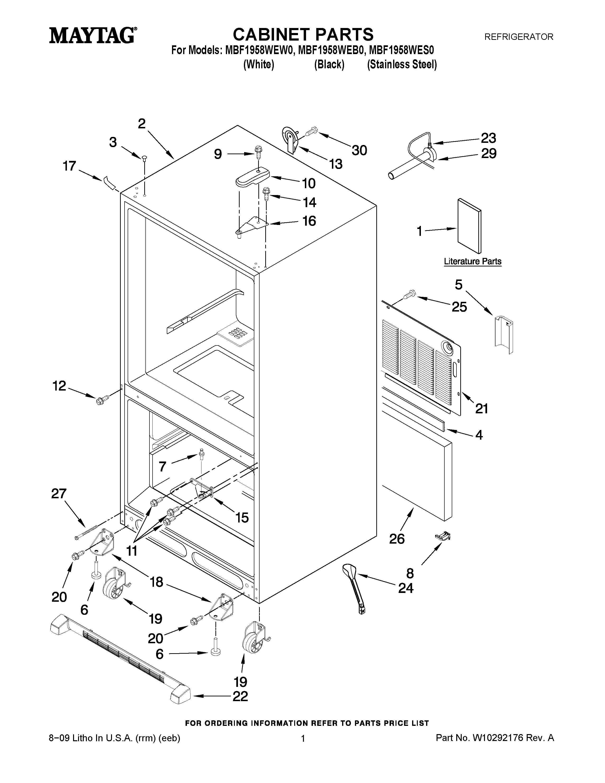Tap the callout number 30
click(x=359, y=151)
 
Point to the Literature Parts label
click(x=472, y=261)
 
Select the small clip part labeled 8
click(x=443, y=536)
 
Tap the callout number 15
click(x=242, y=517)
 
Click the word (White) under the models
click(x=258, y=65)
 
